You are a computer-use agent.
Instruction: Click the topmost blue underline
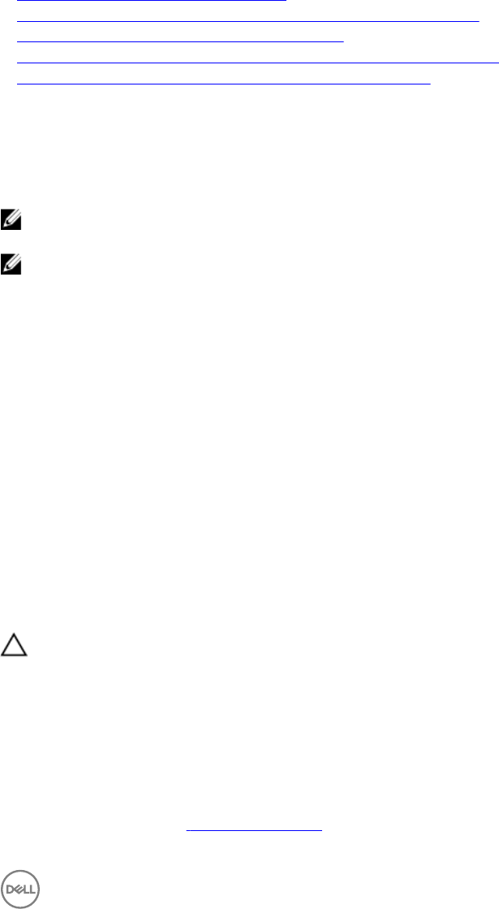click(x=152, y=1)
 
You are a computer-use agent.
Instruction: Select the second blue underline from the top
click(x=248, y=20)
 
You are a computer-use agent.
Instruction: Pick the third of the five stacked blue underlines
click(x=180, y=41)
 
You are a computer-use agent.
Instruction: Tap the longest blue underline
click(x=256, y=62)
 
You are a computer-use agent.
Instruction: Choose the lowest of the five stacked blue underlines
click(x=223, y=83)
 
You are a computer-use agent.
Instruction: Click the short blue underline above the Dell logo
click(x=254, y=830)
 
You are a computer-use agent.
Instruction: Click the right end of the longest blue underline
click(x=497, y=62)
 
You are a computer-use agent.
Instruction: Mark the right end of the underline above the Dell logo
click(x=322, y=830)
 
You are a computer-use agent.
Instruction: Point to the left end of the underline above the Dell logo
click(x=186, y=830)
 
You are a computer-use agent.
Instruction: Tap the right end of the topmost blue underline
click(x=286, y=1)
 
